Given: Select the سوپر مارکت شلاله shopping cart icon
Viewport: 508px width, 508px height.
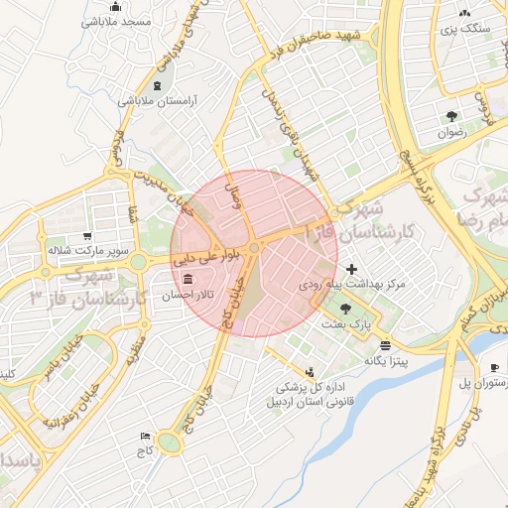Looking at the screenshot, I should tap(88, 236).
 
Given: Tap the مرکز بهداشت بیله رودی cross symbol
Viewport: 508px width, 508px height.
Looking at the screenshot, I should tap(351, 269).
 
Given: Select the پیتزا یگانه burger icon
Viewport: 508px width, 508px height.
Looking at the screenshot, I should tap(385, 344).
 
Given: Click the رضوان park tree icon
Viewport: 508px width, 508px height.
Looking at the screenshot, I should tap(452, 115).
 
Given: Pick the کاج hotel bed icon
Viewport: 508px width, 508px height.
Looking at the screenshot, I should tap(147, 436).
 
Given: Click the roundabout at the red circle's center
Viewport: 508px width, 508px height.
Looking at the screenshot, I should tap(255, 247).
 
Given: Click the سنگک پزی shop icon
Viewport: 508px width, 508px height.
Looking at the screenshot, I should tap(464, 13).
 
